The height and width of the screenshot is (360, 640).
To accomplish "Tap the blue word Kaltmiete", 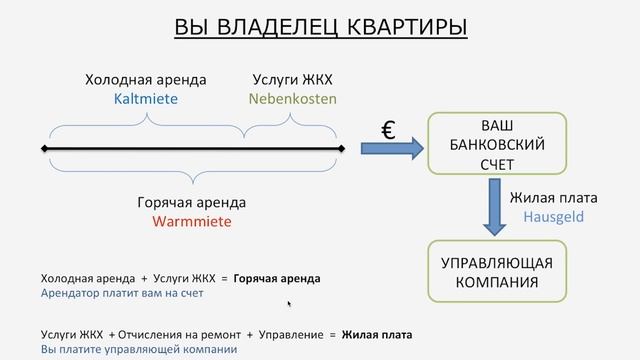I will pos(146,99).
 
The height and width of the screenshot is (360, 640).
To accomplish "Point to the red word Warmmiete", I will pos(192,220).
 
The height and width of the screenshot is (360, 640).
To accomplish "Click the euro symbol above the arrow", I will pos(389,129).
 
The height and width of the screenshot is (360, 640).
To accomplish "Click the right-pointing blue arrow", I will pos(389,150).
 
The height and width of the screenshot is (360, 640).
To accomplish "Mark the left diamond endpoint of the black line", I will pos(45,150).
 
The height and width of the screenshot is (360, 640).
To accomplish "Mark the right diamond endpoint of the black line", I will pos(342,150).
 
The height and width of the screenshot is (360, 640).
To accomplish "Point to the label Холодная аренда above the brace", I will pos(146,81).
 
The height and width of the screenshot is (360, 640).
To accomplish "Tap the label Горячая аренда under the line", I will pos(192,202).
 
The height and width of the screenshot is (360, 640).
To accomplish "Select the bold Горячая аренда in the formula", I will pos(278,278).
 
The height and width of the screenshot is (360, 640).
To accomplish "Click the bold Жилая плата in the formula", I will pos(376,334).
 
